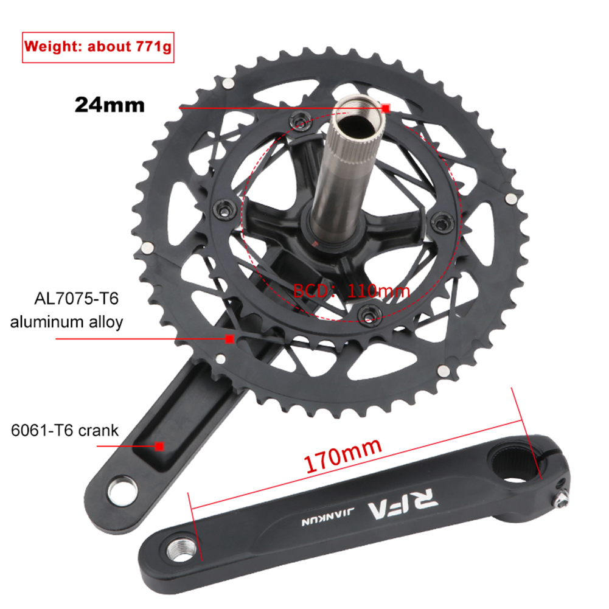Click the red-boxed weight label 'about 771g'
pyautogui.click(x=130, y=47)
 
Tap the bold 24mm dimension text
pyautogui.click(x=110, y=105)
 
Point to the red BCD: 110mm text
pyautogui.click(x=351, y=291)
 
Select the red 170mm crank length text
pyautogui.click(x=343, y=455)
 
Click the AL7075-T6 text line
pyautogui.click(x=76, y=299)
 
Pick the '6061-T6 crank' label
pyautogui.click(x=64, y=430)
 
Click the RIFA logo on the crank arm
pyautogui.click(x=403, y=504)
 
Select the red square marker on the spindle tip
pyautogui.click(x=386, y=108)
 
